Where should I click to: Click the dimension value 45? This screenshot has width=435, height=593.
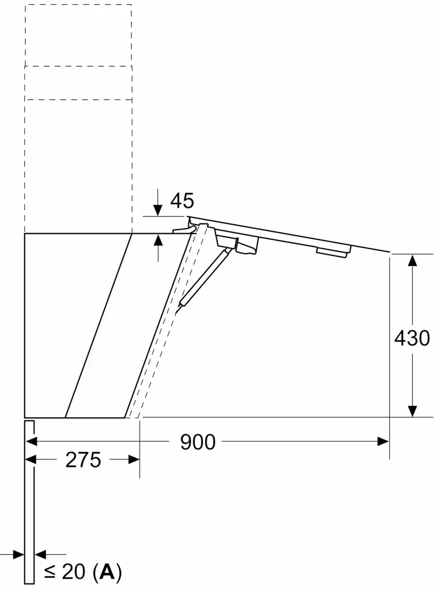point(182,201)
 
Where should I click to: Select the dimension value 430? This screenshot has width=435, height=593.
point(412,338)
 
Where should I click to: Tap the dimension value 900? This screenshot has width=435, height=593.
point(197,442)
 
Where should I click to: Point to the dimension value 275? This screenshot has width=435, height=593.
point(83,460)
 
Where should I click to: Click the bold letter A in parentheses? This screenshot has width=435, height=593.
point(107,572)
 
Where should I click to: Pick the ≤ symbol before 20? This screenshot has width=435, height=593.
point(50,573)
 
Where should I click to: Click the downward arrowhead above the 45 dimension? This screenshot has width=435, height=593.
point(158,211)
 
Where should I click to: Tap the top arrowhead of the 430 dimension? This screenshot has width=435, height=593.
point(412,260)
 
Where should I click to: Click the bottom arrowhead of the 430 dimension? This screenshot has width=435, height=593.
point(412,411)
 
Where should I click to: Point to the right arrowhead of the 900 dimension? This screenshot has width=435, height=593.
point(383,441)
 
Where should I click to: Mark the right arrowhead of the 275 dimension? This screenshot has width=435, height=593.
point(134,459)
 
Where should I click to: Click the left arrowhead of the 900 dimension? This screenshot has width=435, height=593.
point(31,441)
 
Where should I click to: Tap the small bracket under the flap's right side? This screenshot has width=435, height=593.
point(333,252)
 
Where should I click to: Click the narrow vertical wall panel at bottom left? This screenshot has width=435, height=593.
point(29,501)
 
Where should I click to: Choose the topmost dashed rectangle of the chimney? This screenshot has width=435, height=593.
point(78,35)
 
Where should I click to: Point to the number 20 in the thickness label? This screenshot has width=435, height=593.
point(74,573)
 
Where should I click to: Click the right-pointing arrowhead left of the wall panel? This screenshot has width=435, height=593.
point(18,554)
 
